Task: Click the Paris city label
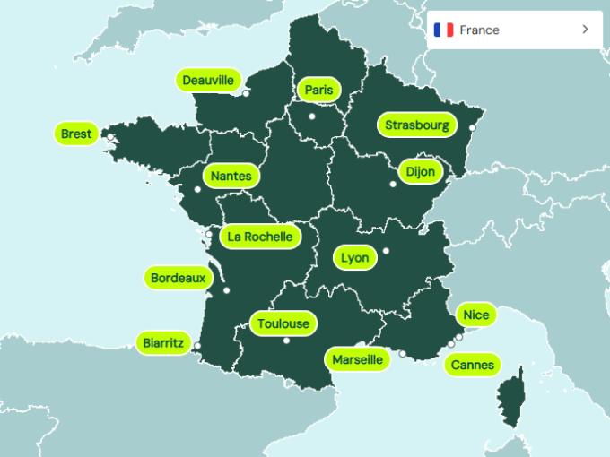coord(318,90)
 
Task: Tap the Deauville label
coord(208,81)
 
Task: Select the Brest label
coord(76,134)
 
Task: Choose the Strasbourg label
coord(417,125)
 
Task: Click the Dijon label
coord(420,171)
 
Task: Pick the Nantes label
coord(231,176)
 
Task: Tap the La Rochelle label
coord(260,237)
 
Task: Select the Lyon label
coord(355,258)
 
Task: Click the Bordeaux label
coord(178,278)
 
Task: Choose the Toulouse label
coord(283,323)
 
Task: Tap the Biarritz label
coord(163,342)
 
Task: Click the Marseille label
coord(358,359)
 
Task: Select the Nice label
coord(476,315)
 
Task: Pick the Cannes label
coord(473,365)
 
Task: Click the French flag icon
coord(443,30)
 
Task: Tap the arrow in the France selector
coord(585,30)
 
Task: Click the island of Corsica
coord(511,399)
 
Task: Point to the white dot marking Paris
coord(312,116)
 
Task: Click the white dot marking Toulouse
coord(286,341)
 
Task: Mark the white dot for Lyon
coord(386,251)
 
